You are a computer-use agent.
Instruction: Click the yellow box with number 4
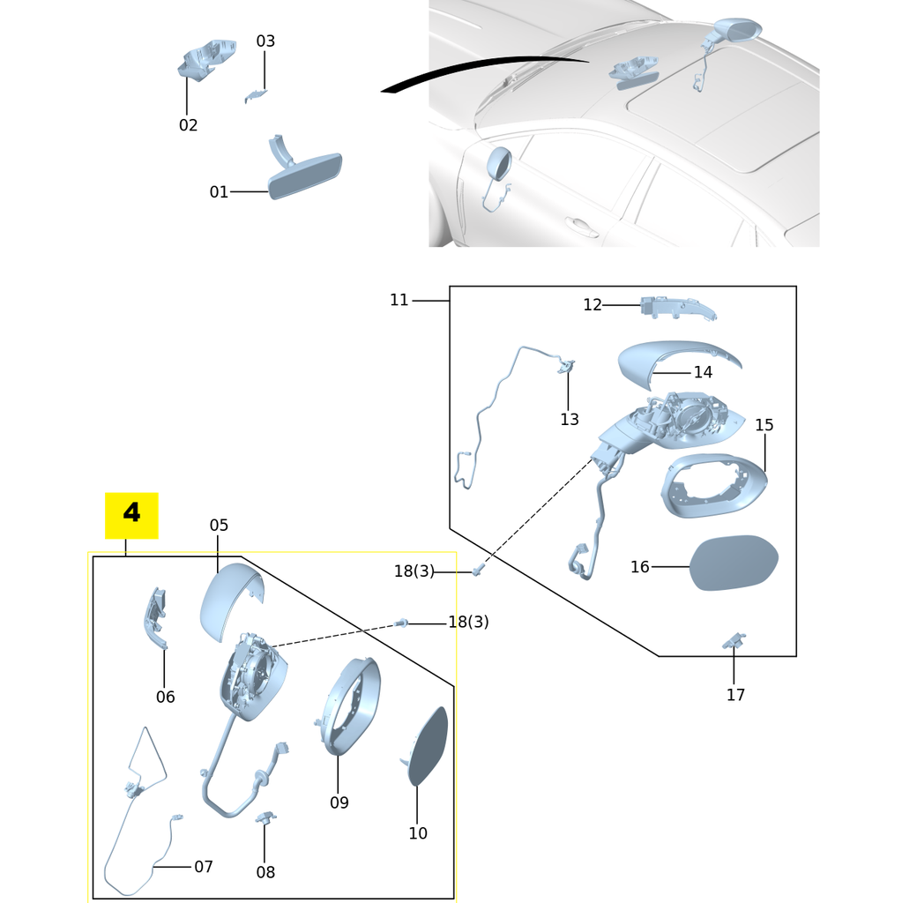click(131, 515)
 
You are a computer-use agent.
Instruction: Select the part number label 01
click(219, 191)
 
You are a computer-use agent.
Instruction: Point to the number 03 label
click(265, 41)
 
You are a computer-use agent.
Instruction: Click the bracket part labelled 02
click(205, 59)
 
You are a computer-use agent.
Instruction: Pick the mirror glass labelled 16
click(734, 563)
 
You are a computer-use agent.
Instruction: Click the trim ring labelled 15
click(713, 487)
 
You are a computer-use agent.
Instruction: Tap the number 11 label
click(399, 300)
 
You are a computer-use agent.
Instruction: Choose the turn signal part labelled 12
click(677, 308)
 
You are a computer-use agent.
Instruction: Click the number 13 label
click(570, 419)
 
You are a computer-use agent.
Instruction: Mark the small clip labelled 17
click(734, 640)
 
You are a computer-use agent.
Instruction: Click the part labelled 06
click(155, 618)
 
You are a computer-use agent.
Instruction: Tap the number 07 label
click(204, 866)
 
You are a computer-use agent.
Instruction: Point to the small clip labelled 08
click(265, 817)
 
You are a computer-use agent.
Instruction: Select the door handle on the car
click(581, 227)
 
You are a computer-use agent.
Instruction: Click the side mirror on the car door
click(499, 164)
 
